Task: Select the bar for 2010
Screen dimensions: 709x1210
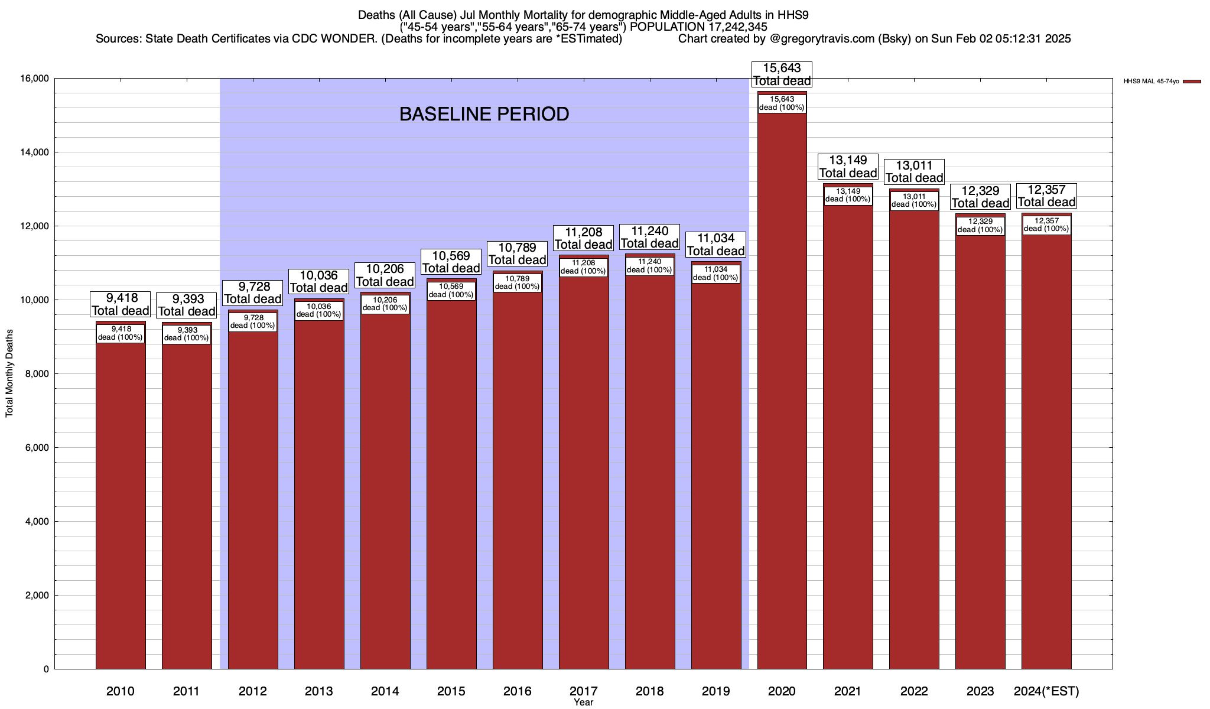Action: [x=121, y=502]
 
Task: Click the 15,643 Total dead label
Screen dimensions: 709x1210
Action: [x=782, y=74]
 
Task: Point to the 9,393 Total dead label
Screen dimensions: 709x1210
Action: [x=187, y=305]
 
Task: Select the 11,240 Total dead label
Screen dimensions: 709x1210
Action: [x=649, y=237]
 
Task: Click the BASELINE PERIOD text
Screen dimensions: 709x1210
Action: [x=484, y=114]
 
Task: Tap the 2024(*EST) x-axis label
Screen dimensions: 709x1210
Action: [x=1046, y=691]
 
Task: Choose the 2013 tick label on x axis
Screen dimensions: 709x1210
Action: [x=319, y=691]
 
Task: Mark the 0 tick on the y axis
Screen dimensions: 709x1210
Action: [x=45, y=669]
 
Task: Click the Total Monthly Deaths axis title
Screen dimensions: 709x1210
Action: [x=9, y=373]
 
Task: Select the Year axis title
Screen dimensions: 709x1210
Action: [x=583, y=703]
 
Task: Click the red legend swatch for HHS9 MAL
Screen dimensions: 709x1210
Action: [x=1192, y=82]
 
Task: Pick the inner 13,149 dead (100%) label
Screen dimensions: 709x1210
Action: [x=848, y=196]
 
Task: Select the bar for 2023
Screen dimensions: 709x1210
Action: [x=980, y=449]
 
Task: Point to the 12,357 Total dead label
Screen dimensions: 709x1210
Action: [x=1046, y=196]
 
